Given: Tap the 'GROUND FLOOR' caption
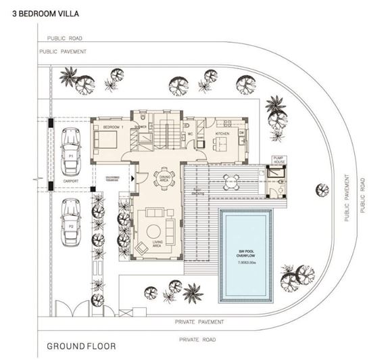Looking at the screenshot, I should coord(77,346).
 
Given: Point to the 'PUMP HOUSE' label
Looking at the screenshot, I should coord(279,160).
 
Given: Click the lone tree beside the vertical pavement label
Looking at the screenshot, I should coord(316,189).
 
